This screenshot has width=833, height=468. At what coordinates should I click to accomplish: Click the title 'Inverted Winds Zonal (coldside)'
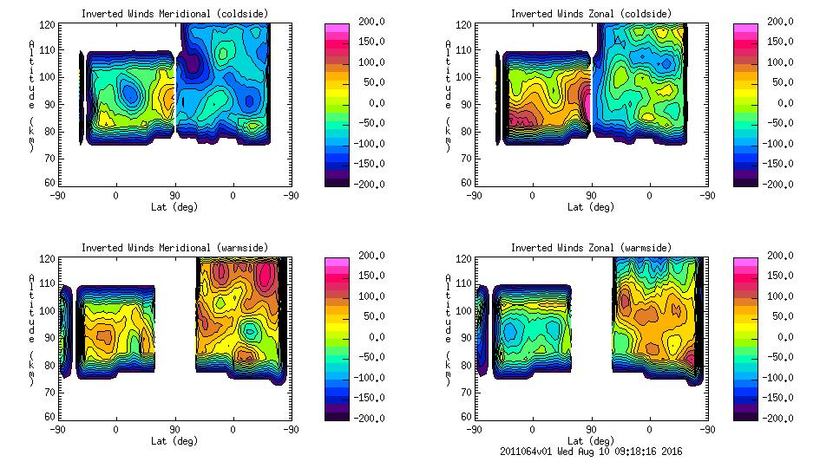[591, 13]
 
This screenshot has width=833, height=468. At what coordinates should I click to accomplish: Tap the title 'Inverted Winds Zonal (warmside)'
[591, 247]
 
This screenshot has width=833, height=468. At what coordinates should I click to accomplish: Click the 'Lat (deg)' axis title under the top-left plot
[174, 206]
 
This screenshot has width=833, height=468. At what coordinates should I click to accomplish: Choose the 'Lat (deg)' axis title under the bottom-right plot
[591, 440]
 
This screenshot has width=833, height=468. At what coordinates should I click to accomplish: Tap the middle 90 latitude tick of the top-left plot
[174, 195]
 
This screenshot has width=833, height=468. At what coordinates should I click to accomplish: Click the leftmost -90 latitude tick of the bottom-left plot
[56, 429]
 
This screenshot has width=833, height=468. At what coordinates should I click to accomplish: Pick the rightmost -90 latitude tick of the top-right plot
[707, 195]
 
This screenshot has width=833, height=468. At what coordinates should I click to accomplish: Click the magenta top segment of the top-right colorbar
[745, 27]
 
